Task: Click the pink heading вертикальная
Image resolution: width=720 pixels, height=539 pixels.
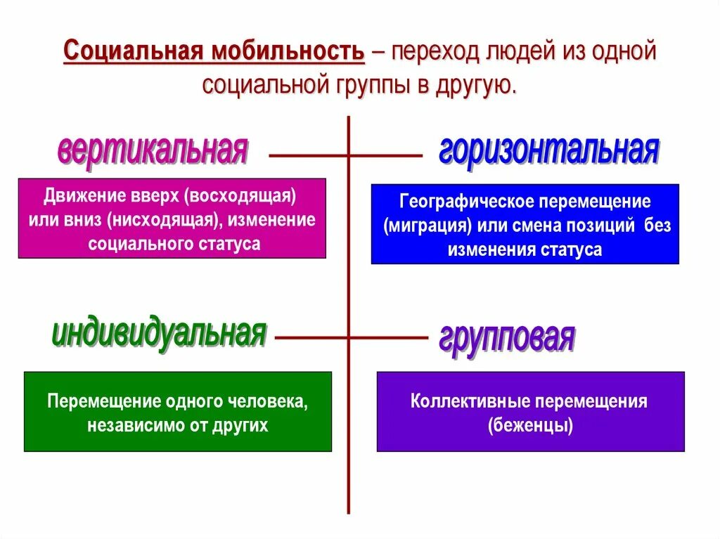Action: click(x=153, y=150)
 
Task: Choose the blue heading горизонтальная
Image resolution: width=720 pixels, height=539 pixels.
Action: click(x=548, y=150)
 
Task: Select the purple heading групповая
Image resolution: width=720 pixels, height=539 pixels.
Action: click(x=507, y=338)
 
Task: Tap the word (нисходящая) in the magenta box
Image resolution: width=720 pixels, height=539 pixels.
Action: click(x=161, y=219)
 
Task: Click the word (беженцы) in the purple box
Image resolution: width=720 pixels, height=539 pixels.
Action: click(x=530, y=426)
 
